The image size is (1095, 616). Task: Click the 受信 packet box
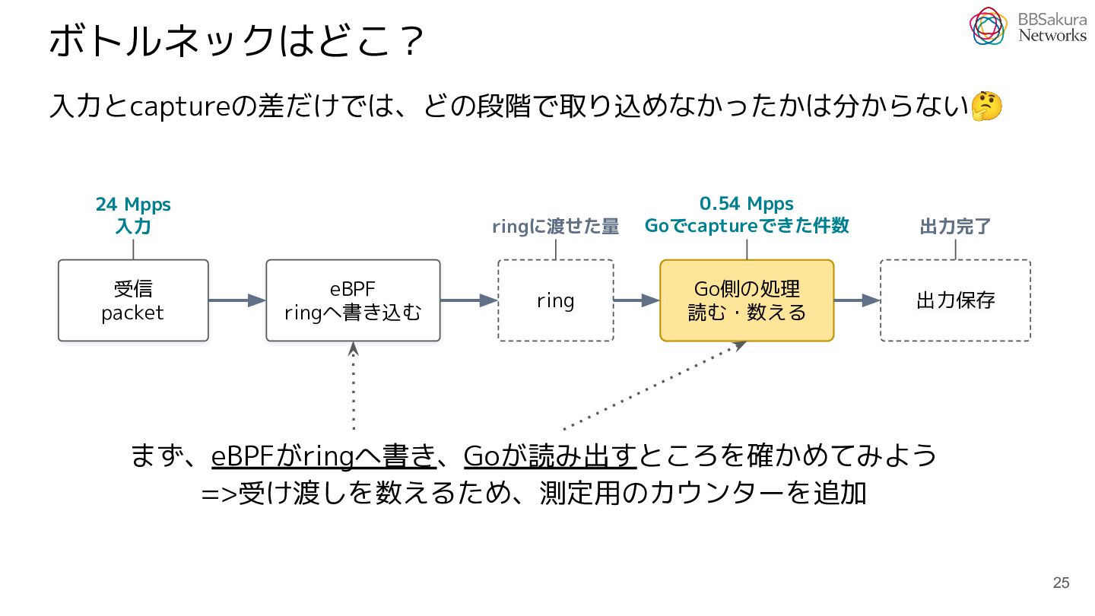point(133,300)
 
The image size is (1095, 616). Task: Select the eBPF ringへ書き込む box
point(353,300)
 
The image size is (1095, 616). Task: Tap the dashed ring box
point(555,300)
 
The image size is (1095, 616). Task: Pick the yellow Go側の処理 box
point(747,300)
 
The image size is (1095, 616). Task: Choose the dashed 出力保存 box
point(955,300)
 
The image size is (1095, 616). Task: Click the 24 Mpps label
point(133,205)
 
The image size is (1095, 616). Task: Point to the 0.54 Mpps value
point(747,203)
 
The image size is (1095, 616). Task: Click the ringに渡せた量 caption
point(555,227)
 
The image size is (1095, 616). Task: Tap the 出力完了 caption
point(955,227)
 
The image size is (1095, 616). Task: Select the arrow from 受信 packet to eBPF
point(237,300)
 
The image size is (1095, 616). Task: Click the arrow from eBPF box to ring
point(468,300)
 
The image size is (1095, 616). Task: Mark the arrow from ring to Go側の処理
point(636,300)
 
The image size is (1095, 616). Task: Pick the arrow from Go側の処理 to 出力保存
point(857,300)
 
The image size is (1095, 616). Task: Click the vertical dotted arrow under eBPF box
point(354,386)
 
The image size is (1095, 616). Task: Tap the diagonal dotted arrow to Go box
point(655,386)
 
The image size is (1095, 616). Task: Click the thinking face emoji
point(986,106)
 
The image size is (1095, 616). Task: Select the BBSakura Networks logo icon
point(988,27)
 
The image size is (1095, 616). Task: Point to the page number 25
point(1062,583)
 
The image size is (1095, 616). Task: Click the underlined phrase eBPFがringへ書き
point(324,456)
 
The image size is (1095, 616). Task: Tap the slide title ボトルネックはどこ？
point(236,40)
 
